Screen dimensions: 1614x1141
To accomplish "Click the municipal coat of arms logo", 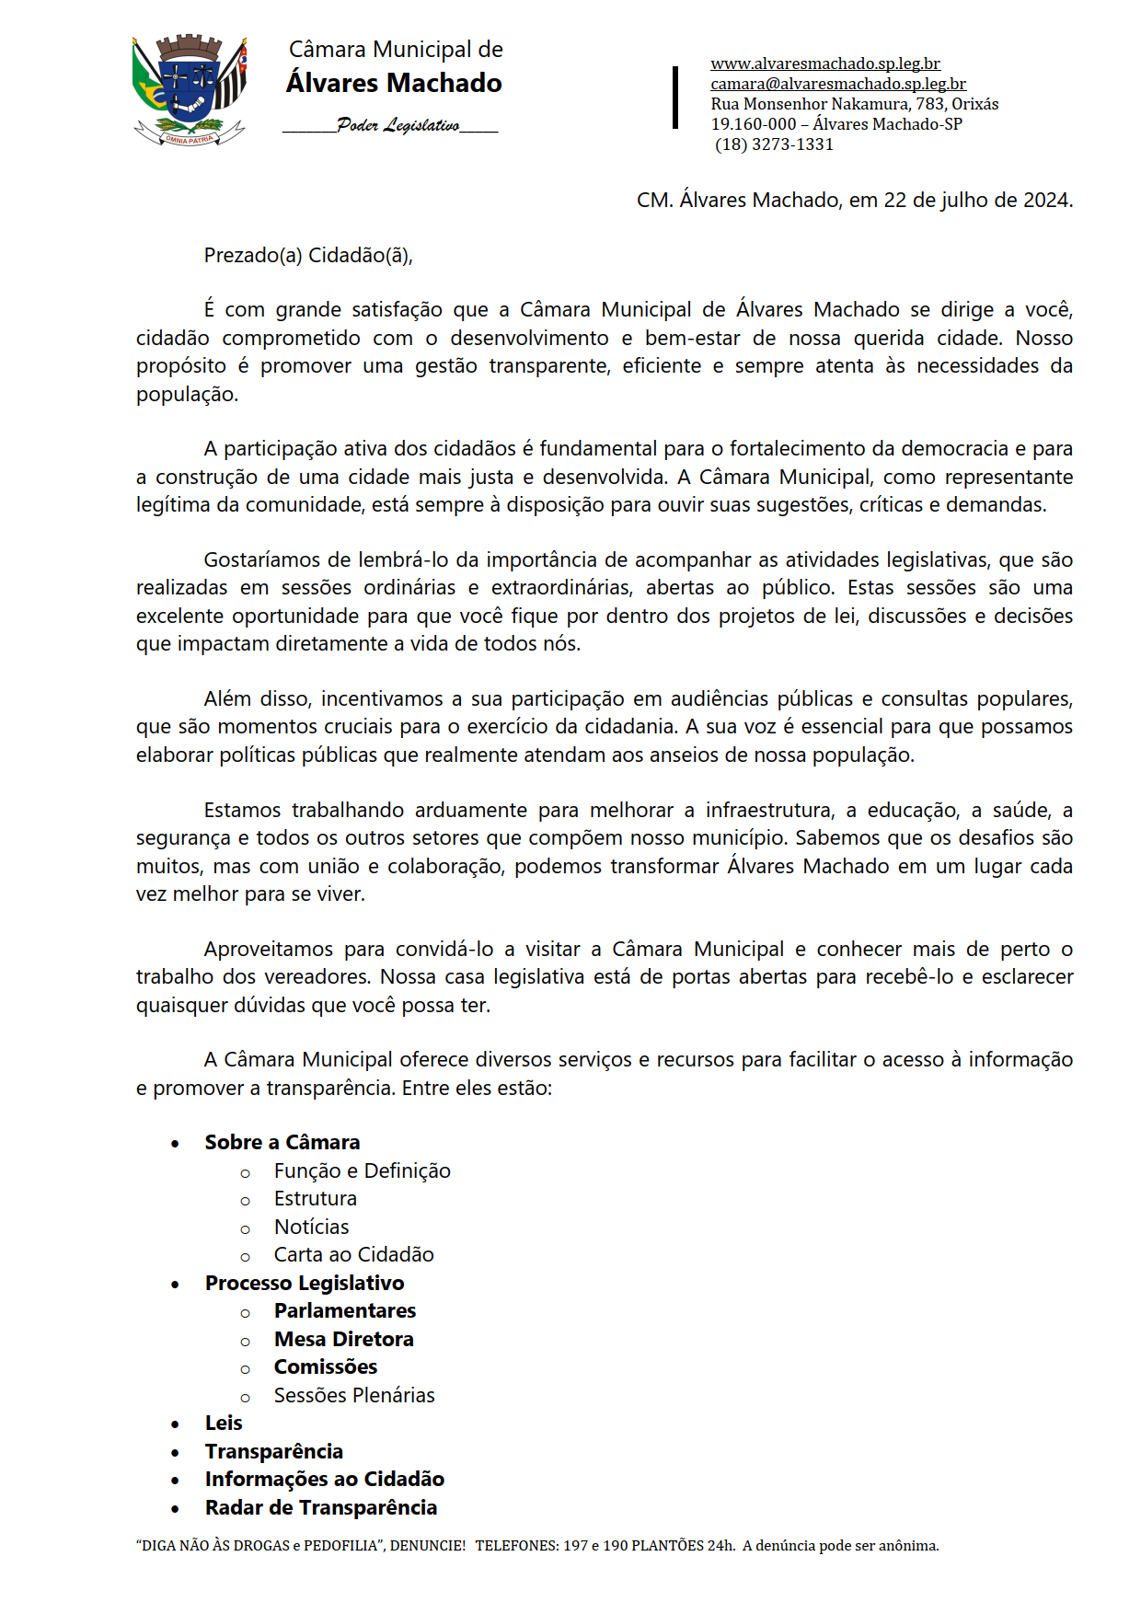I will tap(190, 90).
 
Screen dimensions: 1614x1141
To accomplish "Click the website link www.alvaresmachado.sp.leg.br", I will tap(824, 63).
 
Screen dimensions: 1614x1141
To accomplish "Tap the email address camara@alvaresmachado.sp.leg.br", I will tap(837, 84).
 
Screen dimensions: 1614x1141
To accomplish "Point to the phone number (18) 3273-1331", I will tap(774, 144).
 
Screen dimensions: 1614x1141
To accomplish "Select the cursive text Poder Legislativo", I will tap(398, 125).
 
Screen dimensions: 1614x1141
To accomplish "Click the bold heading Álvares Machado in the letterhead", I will tap(394, 84).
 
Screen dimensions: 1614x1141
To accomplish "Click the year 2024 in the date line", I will tap(1047, 201).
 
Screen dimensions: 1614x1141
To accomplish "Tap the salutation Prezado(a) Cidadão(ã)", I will tap(308, 256).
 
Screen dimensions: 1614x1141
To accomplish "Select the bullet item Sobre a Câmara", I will tap(282, 1143).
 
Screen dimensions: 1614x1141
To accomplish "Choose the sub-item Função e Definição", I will tap(362, 1171).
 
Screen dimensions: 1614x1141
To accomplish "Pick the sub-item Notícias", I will tap(311, 1228).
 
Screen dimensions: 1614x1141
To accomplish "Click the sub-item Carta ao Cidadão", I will tap(353, 1255).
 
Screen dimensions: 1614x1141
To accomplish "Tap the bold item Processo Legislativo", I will tap(305, 1284).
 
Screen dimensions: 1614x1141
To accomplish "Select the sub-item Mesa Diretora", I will tap(343, 1340).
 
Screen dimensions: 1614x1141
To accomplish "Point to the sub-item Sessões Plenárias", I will tap(353, 1396).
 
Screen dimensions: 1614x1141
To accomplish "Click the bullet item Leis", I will tap(224, 1424).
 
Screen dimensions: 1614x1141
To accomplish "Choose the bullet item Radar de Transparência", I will tap(321, 1508).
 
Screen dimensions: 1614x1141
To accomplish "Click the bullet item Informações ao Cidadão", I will tap(324, 1480).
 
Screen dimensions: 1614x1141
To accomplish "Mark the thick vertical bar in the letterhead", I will tap(675, 97).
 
